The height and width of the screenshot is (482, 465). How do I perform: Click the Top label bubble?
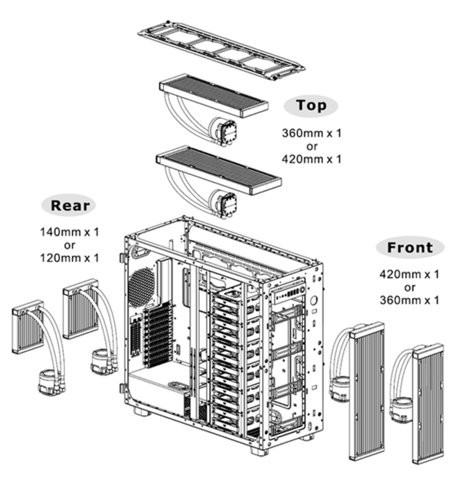(x=311, y=106)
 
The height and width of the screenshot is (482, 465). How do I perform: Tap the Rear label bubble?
(x=69, y=205)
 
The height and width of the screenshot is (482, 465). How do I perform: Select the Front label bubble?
(x=410, y=248)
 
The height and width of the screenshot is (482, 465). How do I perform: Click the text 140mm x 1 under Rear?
(x=69, y=232)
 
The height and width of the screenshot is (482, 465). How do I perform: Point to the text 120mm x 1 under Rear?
(x=69, y=258)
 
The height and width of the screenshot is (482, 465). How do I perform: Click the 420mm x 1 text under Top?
(x=311, y=159)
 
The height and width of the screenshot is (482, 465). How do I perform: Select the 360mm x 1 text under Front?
(x=410, y=300)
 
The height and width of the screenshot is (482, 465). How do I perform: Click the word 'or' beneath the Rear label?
(x=69, y=245)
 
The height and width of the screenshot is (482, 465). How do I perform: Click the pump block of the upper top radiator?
(x=228, y=131)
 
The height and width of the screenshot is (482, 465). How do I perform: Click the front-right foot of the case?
(x=259, y=450)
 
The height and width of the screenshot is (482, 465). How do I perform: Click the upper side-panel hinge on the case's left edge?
(x=122, y=258)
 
